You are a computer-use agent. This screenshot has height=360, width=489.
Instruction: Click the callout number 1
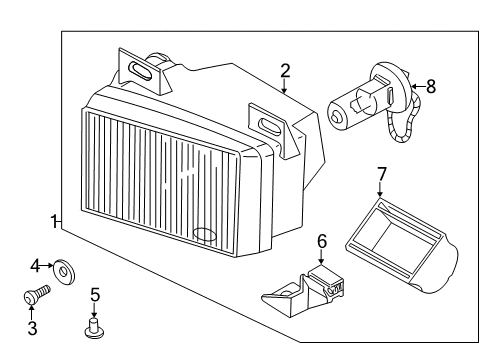click(53, 221)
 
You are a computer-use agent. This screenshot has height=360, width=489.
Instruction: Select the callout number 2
click(285, 71)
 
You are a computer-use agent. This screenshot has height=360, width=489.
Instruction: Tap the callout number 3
click(32, 328)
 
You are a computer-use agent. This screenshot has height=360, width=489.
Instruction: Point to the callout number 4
click(35, 266)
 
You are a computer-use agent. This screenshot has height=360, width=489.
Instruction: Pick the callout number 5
click(95, 295)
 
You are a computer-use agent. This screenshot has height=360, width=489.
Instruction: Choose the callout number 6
click(322, 241)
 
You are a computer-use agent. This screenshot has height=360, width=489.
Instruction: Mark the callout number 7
click(381, 174)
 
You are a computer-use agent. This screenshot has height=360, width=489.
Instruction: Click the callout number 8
click(431, 86)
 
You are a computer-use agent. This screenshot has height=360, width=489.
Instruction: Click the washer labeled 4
click(64, 271)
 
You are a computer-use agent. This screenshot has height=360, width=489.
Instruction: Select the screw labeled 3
click(37, 294)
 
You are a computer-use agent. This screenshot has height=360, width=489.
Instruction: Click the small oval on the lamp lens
click(205, 234)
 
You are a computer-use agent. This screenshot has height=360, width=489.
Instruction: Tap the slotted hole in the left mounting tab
click(141, 71)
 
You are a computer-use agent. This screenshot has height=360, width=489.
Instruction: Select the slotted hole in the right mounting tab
click(270, 127)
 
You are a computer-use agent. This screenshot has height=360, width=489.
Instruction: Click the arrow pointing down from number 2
click(284, 86)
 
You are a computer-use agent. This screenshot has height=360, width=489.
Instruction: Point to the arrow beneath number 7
click(380, 190)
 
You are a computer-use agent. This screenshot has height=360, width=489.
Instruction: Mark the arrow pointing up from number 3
click(31, 312)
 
